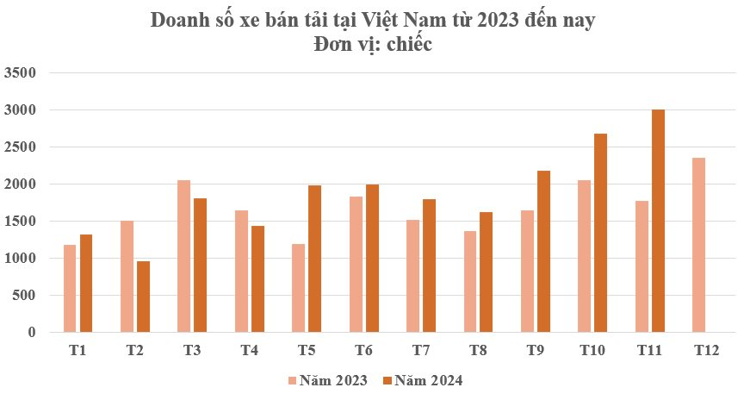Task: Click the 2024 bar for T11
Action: [x=658, y=221]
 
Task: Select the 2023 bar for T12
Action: [x=698, y=245]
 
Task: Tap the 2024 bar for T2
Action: [x=143, y=297]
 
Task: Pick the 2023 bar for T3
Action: [x=183, y=256]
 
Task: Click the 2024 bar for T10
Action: [x=600, y=233]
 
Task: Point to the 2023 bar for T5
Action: [x=298, y=288]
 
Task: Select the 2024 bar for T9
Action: [x=543, y=251]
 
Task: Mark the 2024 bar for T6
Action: [x=372, y=259]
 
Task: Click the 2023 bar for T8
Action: [x=469, y=281]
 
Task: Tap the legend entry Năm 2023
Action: [x=329, y=380]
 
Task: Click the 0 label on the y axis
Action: [x=33, y=333]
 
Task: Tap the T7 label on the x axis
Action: [x=421, y=350]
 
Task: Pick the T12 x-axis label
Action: [x=706, y=350]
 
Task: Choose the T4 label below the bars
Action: [x=250, y=350]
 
